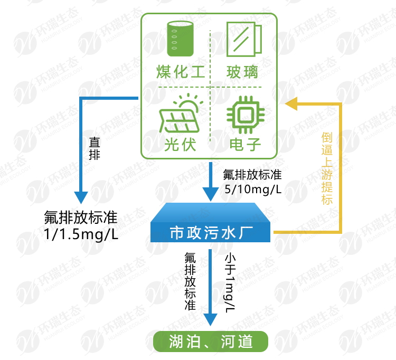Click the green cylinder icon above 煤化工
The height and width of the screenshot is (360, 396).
coord(180,39)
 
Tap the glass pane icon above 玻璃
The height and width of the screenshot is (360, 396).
coord(243,39)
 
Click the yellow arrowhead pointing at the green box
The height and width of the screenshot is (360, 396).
coord(291,103)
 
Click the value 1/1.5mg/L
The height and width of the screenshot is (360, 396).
coord(81,233)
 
